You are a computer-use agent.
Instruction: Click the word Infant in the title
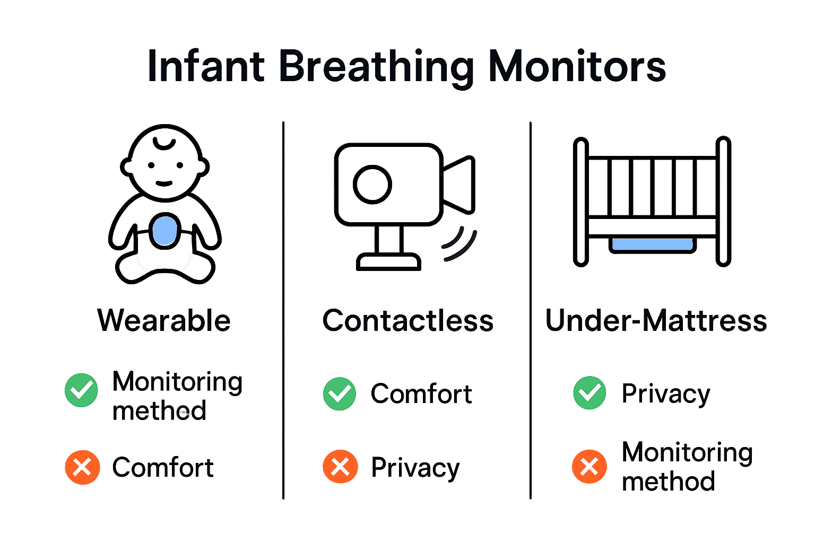[x=206, y=67]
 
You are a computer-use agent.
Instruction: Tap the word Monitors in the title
[x=577, y=67]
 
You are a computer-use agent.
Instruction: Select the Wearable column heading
[x=164, y=320]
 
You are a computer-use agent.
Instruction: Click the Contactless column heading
[x=408, y=320]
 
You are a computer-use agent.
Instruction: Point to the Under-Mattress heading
[x=656, y=320]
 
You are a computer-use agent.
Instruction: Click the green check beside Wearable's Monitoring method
[x=81, y=390]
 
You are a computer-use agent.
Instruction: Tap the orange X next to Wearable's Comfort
[x=82, y=467]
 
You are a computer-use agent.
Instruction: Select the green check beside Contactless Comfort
[x=340, y=394]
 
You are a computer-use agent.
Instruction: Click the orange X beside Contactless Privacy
[x=340, y=467]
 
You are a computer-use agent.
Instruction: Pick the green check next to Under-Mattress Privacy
[x=590, y=393]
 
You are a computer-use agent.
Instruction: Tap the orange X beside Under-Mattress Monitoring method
[x=589, y=467]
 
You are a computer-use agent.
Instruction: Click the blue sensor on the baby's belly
[x=165, y=231]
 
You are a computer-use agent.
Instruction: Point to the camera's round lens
[x=372, y=185]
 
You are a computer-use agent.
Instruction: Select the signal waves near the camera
[x=459, y=244]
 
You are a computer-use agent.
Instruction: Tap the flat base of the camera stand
[x=388, y=262]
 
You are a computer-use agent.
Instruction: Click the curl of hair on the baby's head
[x=164, y=144]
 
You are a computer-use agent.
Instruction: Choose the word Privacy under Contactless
[x=415, y=468]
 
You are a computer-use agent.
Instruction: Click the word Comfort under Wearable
[x=163, y=467]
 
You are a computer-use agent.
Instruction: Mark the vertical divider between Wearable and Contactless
[x=283, y=310]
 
